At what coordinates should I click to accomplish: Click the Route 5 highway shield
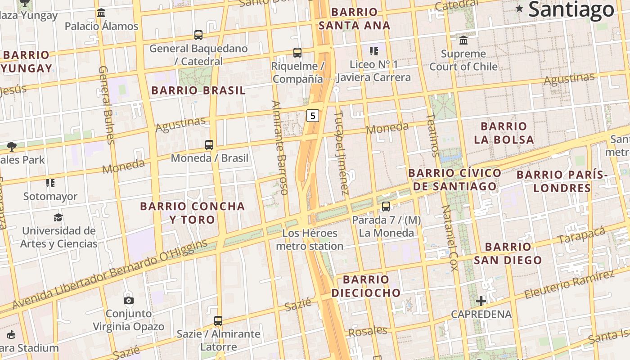pos(313,116)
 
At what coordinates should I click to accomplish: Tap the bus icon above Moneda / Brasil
pos(209,145)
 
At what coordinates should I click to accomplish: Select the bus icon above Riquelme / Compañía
pos(297,53)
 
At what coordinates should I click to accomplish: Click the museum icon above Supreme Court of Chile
pos(463,40)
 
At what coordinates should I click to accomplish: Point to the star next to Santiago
pos(520,8)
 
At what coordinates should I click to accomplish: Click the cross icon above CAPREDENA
pos(481,301)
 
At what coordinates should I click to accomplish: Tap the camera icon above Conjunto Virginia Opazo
pos(129,300)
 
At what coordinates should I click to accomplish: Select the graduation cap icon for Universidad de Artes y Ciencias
pos(58,218)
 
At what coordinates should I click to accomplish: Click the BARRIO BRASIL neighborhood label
pos(198,90)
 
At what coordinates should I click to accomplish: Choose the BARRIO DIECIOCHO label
pos(366,286)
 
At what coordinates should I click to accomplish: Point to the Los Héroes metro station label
pos(310,239)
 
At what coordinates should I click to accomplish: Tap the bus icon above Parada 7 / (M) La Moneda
pos(386,207)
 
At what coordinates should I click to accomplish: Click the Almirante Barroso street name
pos(279,147)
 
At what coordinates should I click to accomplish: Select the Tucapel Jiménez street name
pos(341,153)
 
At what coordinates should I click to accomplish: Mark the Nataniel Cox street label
pos(449,238)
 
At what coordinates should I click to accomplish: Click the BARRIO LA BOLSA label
pos(504,133)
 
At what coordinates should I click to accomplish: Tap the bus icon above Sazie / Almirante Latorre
pos(218,321)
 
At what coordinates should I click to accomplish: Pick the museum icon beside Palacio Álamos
pos(101,13)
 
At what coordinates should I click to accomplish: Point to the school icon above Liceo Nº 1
pos(374,51)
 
